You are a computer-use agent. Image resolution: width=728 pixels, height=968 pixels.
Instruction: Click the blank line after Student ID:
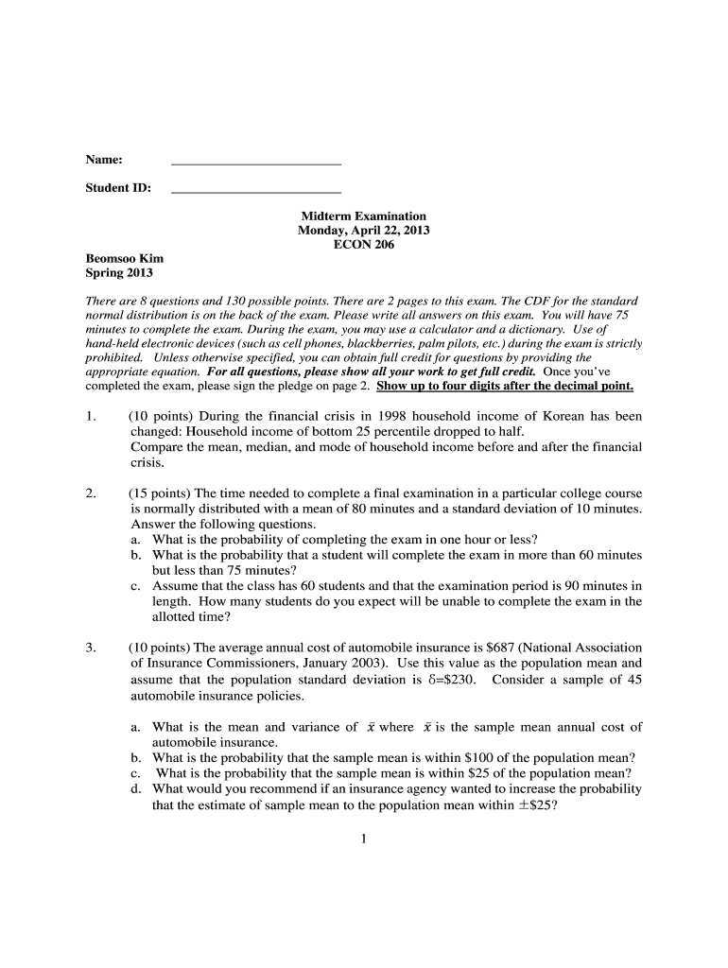point(255,192)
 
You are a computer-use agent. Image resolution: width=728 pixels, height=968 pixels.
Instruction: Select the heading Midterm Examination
point(364,216)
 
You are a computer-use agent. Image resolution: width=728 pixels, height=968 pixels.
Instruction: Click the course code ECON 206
point(364,245)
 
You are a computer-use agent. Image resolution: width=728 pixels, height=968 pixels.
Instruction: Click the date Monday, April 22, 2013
point(364,231)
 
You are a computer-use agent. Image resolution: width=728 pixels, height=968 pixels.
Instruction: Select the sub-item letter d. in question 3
point(137,788)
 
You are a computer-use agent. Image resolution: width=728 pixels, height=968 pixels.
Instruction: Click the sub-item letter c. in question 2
point(137,586)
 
